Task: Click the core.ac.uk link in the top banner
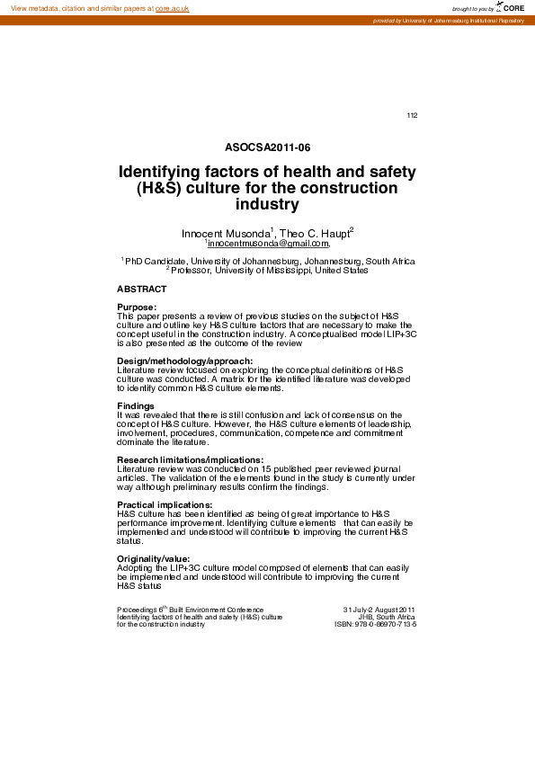[x=173, y=8]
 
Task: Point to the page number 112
[x=413, y=115]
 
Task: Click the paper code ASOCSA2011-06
[x=268, y=147]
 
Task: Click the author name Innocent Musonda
[x=225, y=234]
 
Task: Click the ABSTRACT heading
[x=142, y=289]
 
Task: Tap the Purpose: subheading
[x=137, y=307]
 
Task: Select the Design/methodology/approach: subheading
[x=178, y=361]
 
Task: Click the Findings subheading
[x=136, y=405]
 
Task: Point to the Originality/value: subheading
[x=154, y=558]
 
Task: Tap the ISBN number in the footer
[x=376, y=624]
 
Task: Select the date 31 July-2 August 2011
[x=379, y=609]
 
